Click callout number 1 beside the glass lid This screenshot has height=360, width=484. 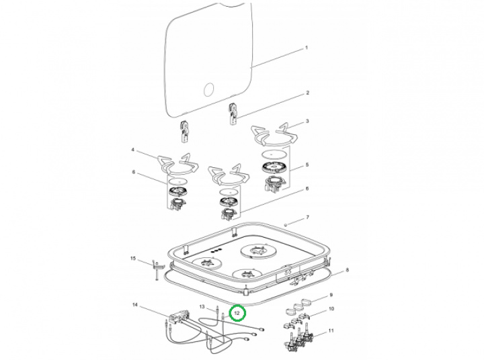307,48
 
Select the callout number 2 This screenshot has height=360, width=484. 307,93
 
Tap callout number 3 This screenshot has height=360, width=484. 307,122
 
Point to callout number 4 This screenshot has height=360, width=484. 133,150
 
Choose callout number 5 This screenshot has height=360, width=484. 307,165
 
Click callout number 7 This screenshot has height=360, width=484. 307,218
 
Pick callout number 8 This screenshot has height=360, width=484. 347,271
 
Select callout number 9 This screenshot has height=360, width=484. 329,295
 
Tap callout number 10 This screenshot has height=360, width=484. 329,309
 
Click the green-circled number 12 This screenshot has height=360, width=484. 236,312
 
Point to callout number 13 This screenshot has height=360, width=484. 202,307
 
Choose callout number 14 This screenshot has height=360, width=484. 135,306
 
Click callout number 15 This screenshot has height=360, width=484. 133,259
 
